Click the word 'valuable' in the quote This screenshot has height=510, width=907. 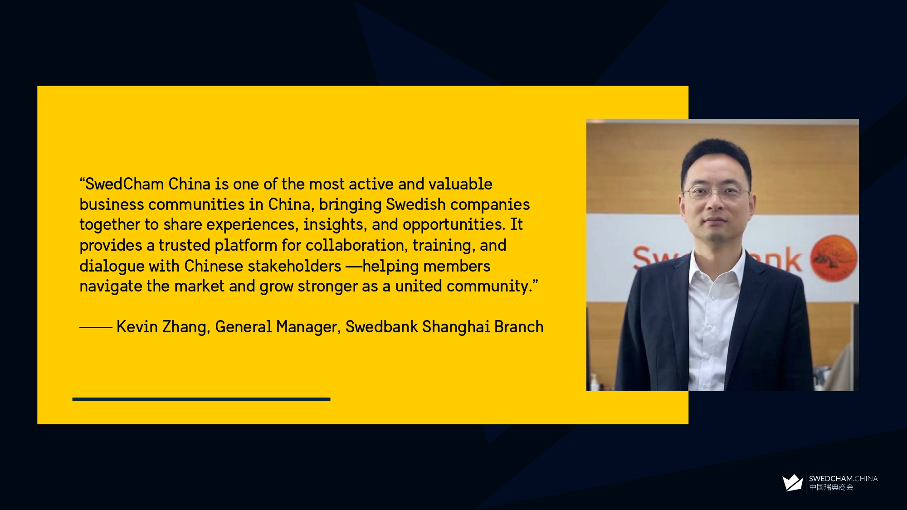coord(460,184)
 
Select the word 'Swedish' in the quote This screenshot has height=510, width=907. coord(416,204)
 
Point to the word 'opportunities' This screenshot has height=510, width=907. coord(454,225)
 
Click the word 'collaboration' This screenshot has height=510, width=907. coord(356,245)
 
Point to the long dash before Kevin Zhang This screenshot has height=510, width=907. coord(96,327)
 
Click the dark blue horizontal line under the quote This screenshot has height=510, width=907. coord(201,399)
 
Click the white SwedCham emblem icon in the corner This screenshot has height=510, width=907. coord(792,483)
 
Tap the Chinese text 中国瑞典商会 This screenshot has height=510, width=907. coord(831,487)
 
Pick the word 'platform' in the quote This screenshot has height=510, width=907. coord(246,246)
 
